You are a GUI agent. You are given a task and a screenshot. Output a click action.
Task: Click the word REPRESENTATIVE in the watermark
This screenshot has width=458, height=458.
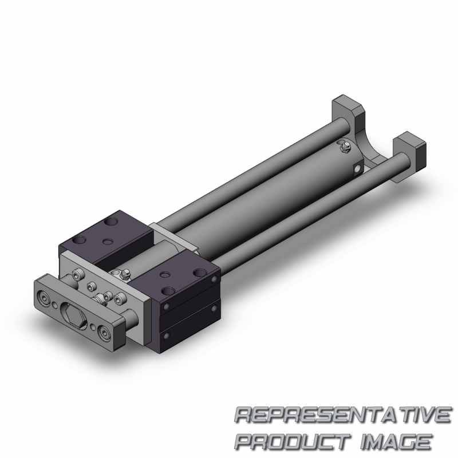coord(343,416)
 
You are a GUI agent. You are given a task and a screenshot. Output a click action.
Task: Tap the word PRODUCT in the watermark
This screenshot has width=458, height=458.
coord(293,442)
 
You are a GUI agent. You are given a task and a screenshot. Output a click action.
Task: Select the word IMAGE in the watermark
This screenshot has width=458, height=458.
coord(396,442)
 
